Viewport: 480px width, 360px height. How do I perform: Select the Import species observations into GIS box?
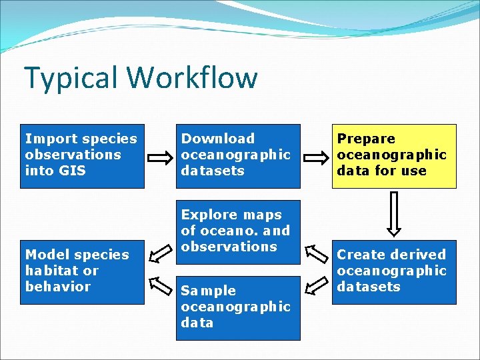point(82,155)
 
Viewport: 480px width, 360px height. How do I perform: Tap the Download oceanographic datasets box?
point(238,155)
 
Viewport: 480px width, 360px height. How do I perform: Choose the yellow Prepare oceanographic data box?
point(394,155)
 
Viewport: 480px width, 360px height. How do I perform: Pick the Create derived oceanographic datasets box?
point(394,271)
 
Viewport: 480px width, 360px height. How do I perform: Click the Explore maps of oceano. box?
point(238,231)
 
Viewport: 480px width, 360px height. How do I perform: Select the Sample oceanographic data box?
point(238,307)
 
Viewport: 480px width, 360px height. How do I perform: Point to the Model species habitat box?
point(82,271)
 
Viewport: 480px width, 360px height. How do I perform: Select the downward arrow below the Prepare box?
point(394,213)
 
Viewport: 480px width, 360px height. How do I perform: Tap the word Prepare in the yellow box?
point(366,139)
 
